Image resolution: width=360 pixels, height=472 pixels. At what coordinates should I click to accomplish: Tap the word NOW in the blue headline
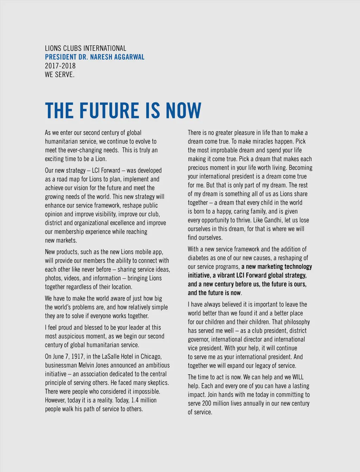point(184,111)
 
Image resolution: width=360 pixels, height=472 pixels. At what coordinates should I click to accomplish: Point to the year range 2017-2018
point(60,66)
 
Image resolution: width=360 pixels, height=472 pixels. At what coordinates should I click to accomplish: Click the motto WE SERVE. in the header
point(60,74)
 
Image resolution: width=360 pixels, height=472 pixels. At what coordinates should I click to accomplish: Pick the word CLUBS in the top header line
point(72,48)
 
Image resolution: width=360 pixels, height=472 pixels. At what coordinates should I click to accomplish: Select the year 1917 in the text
point(77,356)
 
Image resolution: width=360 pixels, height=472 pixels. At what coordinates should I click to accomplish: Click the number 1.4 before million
point(135,400)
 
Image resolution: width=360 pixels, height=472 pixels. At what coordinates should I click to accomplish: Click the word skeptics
point(157,382)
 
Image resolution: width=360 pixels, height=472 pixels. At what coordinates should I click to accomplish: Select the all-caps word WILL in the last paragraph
point(298,377)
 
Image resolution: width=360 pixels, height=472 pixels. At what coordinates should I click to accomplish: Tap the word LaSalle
point(112,356)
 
